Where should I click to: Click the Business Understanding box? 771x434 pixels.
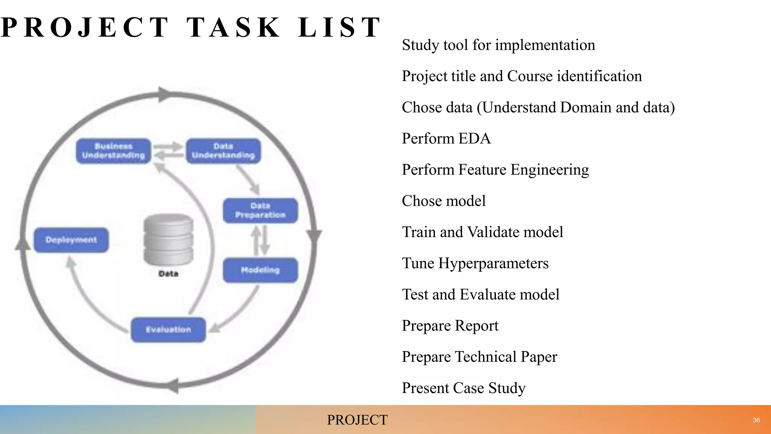(x=113, y=151)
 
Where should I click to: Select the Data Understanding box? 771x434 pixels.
(x=223, y=151)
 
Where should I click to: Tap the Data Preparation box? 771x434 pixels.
(x=260, y=211)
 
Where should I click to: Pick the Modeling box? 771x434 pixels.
(x=260, y=270)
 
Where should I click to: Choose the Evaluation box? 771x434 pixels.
(x=168, y=330)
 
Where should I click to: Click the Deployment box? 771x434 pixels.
(x=71, y=240)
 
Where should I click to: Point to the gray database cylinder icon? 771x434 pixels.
(x=168, y=240)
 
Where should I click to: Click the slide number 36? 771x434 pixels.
(x=756, y=420)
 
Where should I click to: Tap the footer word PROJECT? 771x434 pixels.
(x=357, y=420)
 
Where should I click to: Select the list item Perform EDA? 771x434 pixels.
(x=446, y=139)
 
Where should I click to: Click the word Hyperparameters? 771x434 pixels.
(x=493, y=263)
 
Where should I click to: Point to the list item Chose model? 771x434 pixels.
(x=443, y=201)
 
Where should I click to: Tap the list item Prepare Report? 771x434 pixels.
(x=450, y=326)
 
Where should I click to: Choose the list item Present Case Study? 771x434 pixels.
(x=463, y=388)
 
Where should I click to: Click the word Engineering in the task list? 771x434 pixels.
(x=549, y=170)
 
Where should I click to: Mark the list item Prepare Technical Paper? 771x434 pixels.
(x=479, y=357)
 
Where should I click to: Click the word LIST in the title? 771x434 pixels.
(x=339, y=28)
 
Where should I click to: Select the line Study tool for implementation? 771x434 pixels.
(x=498, y=45)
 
